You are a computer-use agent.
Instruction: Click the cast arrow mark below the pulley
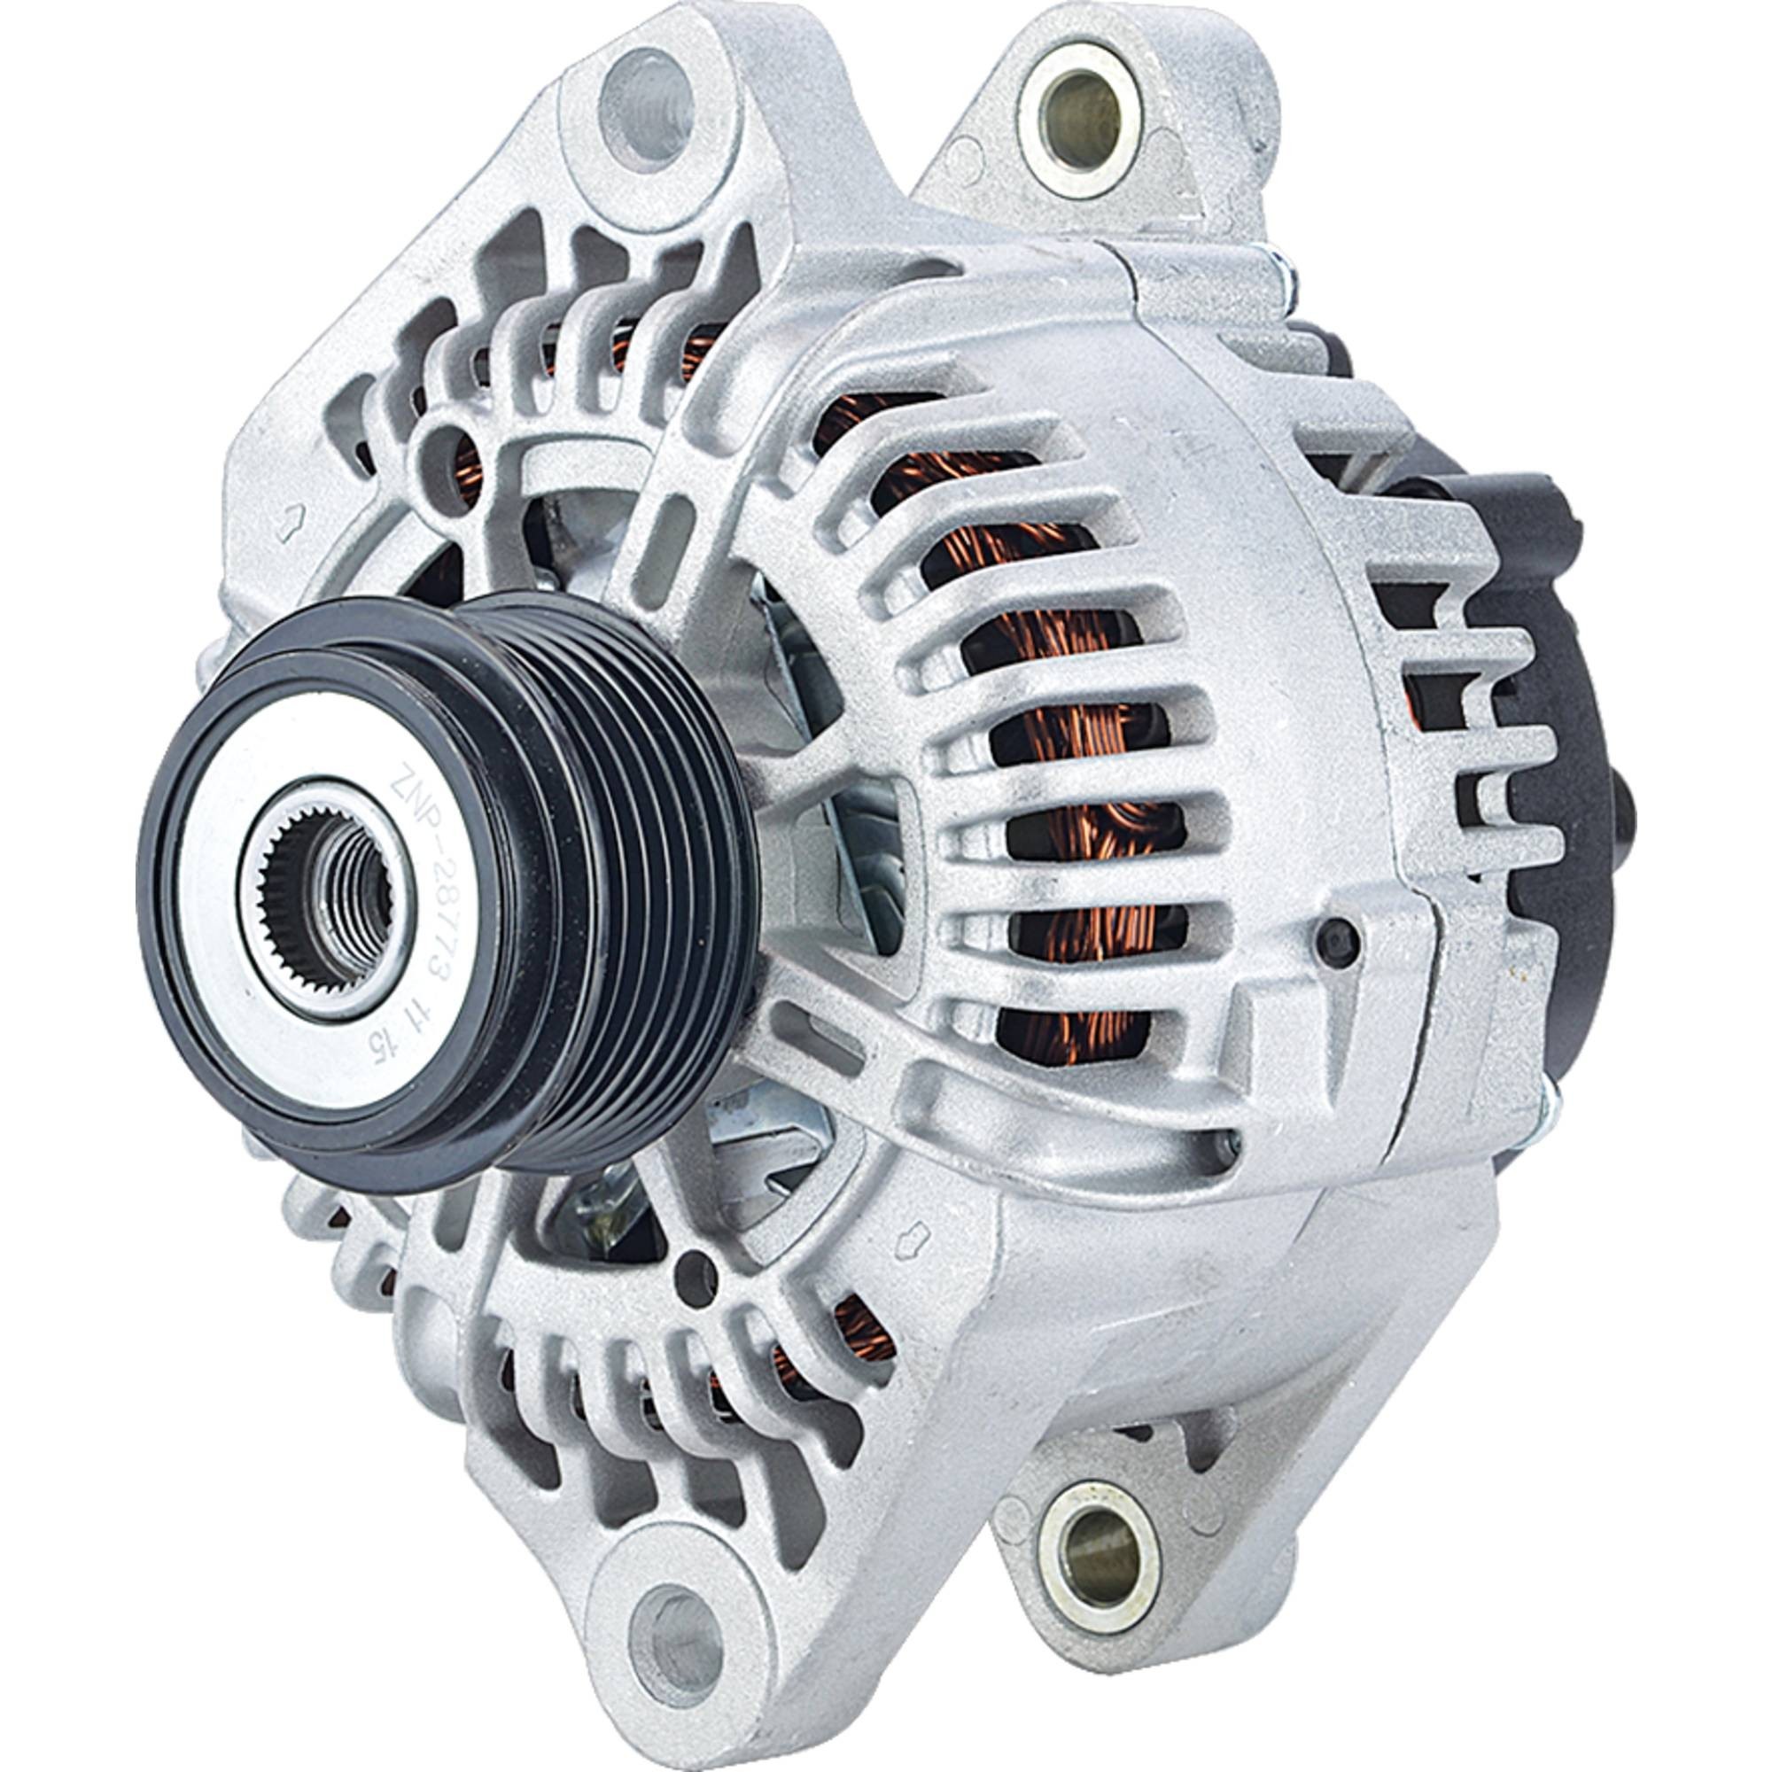pos(918,1234)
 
